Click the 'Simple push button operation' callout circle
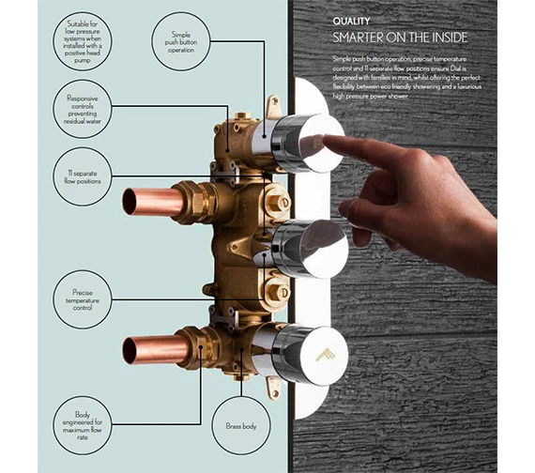click(182, 40)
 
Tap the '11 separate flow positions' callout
click(82, 175)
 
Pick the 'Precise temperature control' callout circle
click(82, 298)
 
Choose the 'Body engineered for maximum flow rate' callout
click(82, 425)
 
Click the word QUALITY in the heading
click(352, 21)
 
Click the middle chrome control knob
click(305, 249)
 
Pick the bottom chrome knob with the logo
click(305, 356)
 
